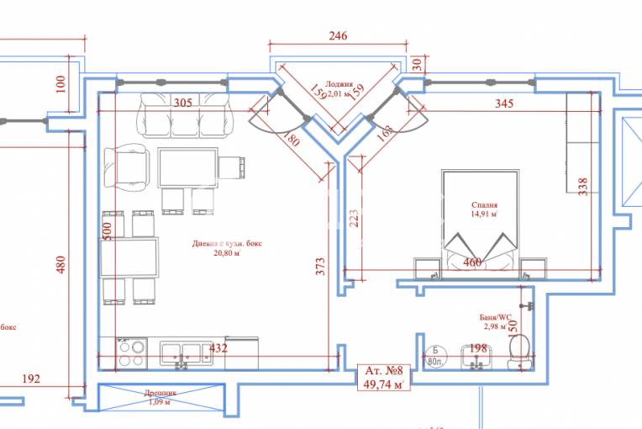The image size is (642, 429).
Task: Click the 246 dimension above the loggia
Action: click(337, 36)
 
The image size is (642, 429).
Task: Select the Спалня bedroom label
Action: click(485, 204)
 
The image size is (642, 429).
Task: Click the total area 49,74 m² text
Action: click(382, 384)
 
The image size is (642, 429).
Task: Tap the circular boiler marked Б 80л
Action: click(435, 357)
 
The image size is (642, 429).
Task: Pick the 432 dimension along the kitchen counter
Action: click(218, 348)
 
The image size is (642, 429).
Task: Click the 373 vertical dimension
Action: click(320, 267)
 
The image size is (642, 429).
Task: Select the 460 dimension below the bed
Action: click(472, 263)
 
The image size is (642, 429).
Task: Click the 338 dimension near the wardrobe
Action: click(583, 185)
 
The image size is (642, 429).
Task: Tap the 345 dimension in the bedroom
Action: click(504, 103)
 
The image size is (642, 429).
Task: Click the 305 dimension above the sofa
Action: click(182, 103)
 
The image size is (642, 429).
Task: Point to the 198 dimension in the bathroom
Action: click(478, 348)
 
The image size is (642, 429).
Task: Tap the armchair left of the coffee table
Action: click(128, 168)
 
